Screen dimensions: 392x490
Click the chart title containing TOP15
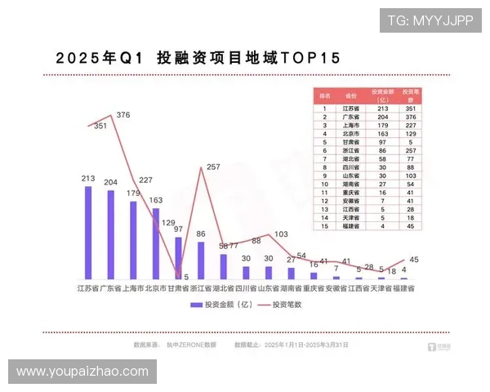tap(198, 59)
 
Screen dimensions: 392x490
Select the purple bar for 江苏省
tap(88, 233)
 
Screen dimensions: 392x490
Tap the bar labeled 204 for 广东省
tap(111, 235)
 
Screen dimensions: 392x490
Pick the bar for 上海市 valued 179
tap(133, 240)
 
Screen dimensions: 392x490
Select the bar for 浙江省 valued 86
tap(201, 261)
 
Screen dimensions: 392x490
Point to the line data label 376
tap(124, 115)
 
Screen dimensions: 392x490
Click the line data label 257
tap(213, 167)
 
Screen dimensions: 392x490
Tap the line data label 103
tap(281, 234)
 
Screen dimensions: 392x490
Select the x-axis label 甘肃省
tap(178, 288)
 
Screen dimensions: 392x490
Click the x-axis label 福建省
tap(403, 288)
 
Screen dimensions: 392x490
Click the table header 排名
tap(324, 95)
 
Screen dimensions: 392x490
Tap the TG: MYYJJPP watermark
tap(430, 20)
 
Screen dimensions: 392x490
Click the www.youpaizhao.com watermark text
tap(82, 372)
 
